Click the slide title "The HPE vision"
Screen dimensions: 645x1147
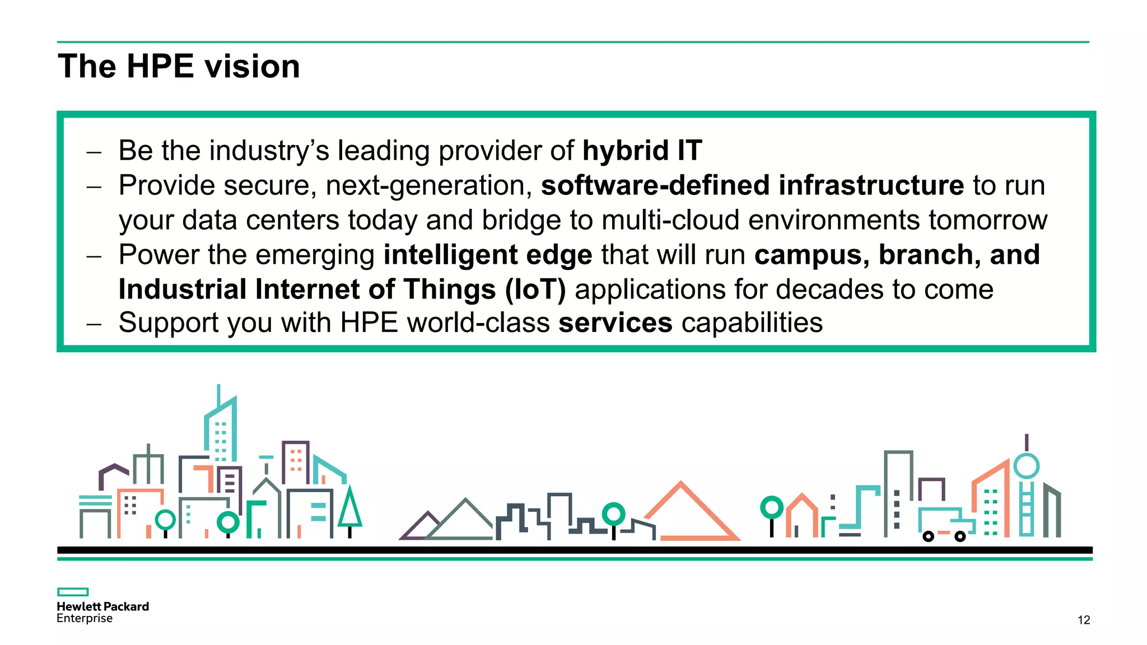[x=179, y=67]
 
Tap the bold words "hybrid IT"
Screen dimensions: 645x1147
[x=642, y=151]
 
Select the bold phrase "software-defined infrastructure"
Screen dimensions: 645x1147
[x=752, y=185]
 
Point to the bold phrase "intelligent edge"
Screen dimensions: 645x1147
[x=488, y=255]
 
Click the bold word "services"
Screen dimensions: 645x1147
[x=616, y=323]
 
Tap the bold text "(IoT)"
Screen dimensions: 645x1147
[x=535, y=289]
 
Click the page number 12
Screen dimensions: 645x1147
[x=1084, y=620]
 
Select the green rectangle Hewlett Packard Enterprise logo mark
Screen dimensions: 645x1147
[x=73, y=592]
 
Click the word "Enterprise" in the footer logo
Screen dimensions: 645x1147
[x=85, y=618]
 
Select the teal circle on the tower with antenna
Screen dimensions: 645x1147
[x=1026, y=466]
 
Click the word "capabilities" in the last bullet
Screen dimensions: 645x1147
[x=752, y=323]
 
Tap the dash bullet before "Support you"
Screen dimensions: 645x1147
[x=94, y=324]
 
